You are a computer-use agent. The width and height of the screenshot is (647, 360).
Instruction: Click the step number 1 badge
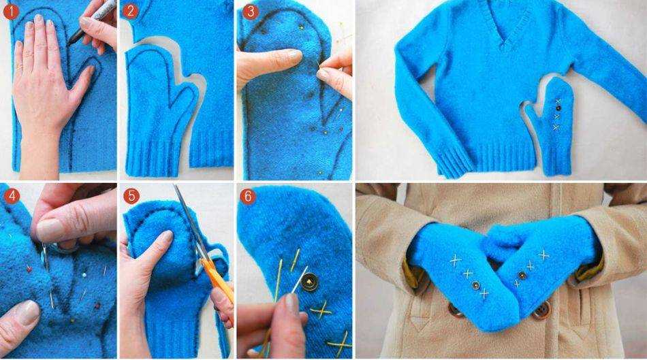click(x=11, y=11)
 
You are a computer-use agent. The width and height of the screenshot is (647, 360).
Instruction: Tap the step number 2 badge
click(x=130, y=11)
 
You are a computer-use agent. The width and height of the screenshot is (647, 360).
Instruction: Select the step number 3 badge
click(x=250, y=11)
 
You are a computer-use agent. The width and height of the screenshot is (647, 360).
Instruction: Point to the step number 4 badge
click(x=11, y=196)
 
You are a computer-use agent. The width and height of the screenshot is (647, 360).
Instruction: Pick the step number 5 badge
click(x=131, y=196)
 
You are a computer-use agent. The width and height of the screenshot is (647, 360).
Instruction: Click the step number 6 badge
click(x=248, y=196)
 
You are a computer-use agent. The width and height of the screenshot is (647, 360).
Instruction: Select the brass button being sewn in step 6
click(x=309, y=283)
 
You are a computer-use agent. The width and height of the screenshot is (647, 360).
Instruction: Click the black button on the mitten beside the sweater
click(x=558, y=108)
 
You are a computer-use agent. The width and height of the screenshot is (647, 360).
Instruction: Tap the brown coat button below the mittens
click(x=541, y=310)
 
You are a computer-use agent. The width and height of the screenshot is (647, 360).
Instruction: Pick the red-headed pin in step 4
click(x=29, y=269)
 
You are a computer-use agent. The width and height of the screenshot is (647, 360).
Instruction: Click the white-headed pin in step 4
click(x=84, y=275)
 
